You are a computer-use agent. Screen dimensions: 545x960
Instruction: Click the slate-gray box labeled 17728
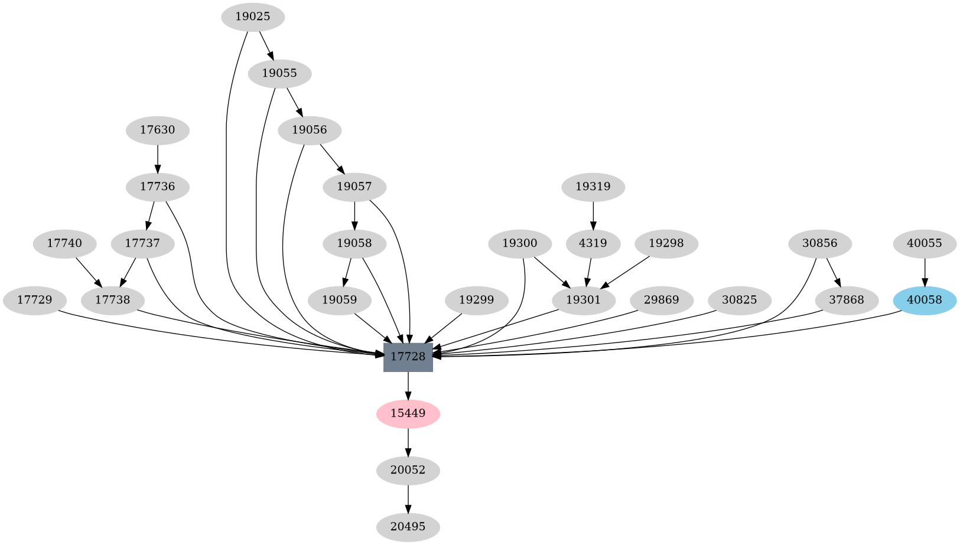[408, 357]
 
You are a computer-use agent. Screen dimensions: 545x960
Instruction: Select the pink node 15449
[408, 413]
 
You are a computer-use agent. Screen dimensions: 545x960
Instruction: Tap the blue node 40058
[924, 300]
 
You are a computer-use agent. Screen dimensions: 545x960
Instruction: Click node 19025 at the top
[252, 17]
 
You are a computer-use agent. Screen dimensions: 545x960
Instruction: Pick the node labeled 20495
[408, 526]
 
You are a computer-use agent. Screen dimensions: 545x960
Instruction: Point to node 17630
[158, 130]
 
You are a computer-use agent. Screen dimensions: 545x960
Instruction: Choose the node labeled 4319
[593, 243]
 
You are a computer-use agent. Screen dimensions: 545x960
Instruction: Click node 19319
[593, 187]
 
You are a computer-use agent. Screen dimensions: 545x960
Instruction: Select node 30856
[820, 243]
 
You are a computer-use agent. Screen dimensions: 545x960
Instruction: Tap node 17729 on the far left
[34, 300]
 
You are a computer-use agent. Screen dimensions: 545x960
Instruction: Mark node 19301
[583, 300]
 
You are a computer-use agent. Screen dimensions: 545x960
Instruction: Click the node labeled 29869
[661, 300]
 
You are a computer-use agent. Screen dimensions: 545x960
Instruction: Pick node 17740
[64, 243]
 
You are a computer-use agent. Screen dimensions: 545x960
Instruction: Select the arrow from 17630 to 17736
[158, 158]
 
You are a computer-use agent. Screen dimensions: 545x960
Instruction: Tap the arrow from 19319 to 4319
[593, 215]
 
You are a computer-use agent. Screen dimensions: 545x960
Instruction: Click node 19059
[340, 300]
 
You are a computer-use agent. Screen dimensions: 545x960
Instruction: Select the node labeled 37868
[846, 300]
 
